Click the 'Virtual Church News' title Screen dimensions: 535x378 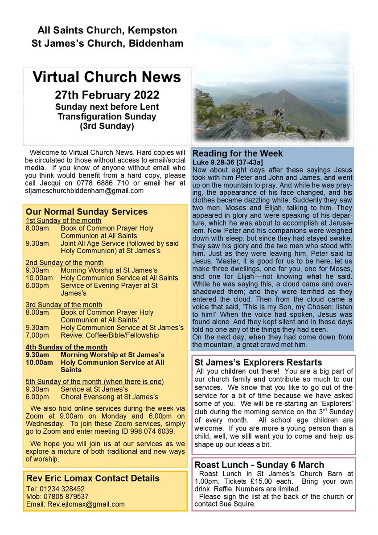[107, 77]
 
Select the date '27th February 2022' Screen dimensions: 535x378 [107, 95]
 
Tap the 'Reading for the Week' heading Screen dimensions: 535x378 [237, 154]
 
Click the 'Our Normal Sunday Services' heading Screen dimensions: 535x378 [86, 212]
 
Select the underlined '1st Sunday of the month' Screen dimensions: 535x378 [63, 221]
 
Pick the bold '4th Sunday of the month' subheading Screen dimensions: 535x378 [66, 347]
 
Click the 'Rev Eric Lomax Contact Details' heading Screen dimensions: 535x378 [93, 479]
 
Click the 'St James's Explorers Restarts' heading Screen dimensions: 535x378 [257, 362]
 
